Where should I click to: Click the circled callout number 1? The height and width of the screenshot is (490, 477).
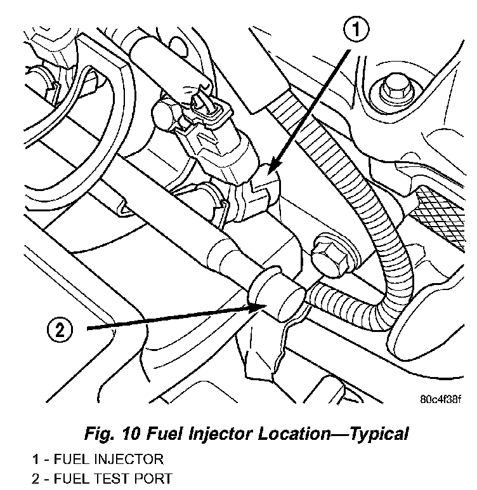tap(357, 29)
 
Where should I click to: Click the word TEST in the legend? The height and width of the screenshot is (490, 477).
tap(114, 478)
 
